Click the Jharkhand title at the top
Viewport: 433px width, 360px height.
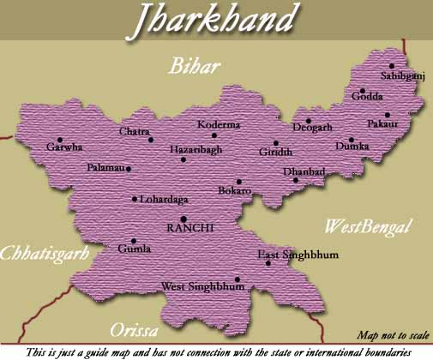[x=215, y=21]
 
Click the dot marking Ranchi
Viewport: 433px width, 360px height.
[x=183, y=219]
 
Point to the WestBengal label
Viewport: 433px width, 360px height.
[x=368, y=227]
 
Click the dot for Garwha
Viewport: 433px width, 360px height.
[x=60, y=139]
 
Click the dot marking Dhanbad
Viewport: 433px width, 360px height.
[x=296, y=180]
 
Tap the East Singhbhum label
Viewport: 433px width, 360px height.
[x=298, y=255]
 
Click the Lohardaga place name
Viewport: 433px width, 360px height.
[x=165, y=199]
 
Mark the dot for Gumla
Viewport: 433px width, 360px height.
[x=133, y=241]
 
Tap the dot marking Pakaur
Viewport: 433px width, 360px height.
[x=388, y=115]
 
